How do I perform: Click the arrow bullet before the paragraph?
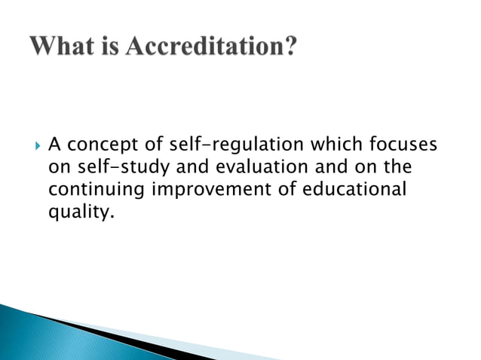point(36,143)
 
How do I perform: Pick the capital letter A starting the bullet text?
point(54,143)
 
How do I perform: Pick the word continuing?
point(97,190)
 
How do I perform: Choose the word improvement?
point(213,190)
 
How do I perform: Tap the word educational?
point(354,188)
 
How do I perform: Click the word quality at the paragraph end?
point(78,212)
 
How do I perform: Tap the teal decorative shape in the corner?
point(30,331)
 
